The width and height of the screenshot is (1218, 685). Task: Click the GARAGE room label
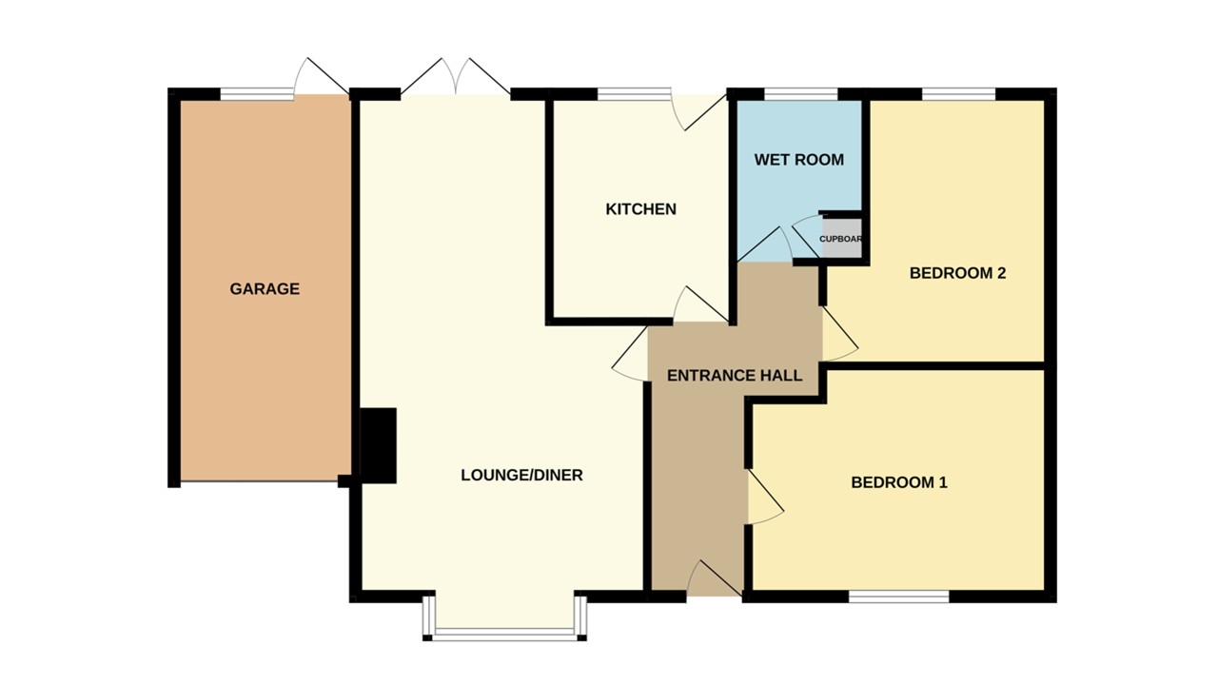[x=265, y=288]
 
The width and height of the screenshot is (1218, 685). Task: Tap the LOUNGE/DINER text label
[x=521, y=475]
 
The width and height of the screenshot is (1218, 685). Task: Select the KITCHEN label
[x=640, y=209]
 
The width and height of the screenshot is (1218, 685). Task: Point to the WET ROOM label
[x=798, y=160]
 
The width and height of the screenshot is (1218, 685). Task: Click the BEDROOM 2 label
[x=957, y=273]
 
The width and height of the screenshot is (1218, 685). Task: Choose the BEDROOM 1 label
[x=898, y=482]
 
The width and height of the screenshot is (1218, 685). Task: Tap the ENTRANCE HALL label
[x=734, y=375]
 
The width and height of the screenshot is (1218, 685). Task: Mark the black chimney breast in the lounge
[x=378, y=445]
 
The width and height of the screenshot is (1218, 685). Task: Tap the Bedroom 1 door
[x=764, y=499]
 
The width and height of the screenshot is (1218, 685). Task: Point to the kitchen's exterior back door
[x=697, y=110]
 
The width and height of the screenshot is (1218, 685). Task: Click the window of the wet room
[x=800, y=93]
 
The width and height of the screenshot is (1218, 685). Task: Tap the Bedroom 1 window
[x=898, y=597]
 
